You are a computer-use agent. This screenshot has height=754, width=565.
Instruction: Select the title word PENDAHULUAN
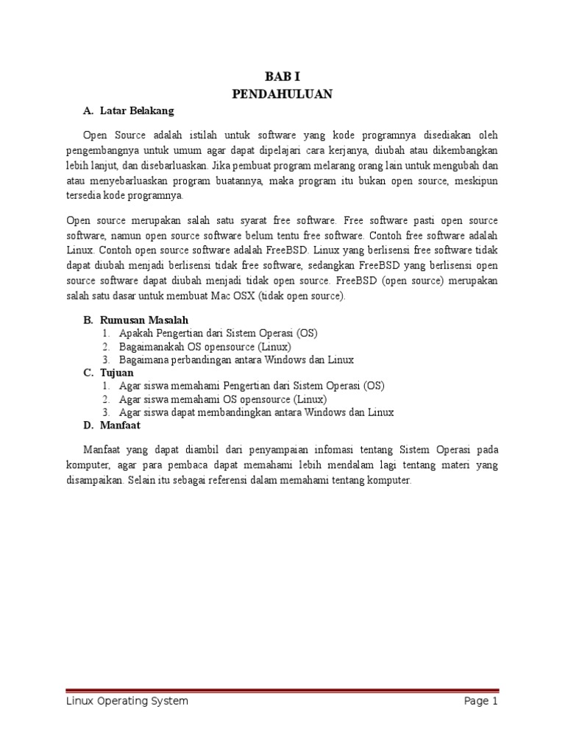click(282, 94)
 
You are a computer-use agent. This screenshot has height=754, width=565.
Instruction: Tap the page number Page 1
click(481, 702)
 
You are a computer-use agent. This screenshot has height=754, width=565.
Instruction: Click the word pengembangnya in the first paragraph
click(102, 149)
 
